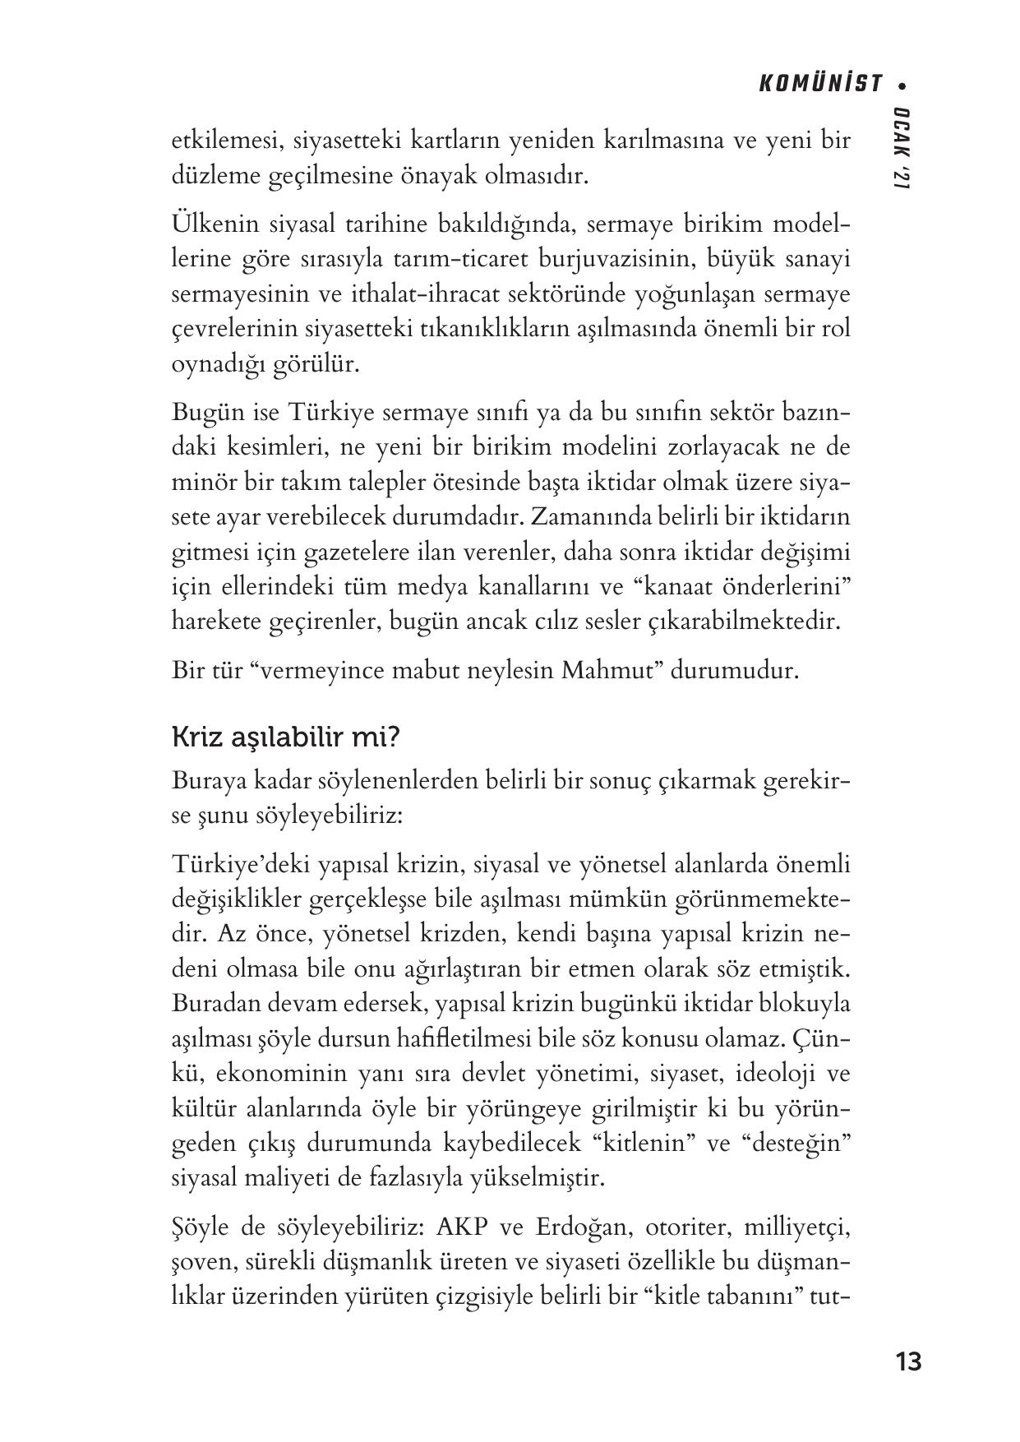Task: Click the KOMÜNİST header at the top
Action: pyautogui.click(x=821, y=85)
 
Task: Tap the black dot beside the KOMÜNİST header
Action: pyautogui.click(x=902, y=85)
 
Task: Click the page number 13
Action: pyautogui.click(x=909, y=1361)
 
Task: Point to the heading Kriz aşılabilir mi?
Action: pyautogui.click(x=285, y=737)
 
